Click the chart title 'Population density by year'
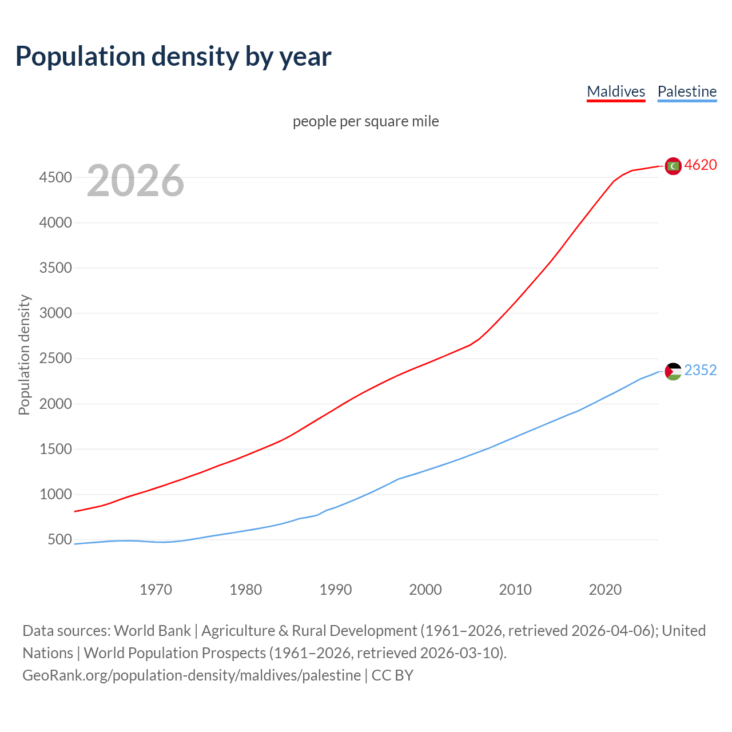pyautogui.click(x=173, y=57)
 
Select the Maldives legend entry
pyautogui.click(x=616, y=91)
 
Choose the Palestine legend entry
pyautogui.click(x=687, y=91)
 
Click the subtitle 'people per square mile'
pyautogui.click(x=365, y=121)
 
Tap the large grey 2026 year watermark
pyautogui.click(x=136, y=181)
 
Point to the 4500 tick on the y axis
pyautogui.click(x=55, y=177)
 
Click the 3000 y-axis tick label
pyautogui.click(x=55, y=313)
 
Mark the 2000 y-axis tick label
pyautogui.click(x=55, y=404)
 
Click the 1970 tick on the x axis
pyautogui.click(x=156, y=590)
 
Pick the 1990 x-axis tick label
pyautogui.click(x=336, y=590)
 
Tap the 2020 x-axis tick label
pyautogui.click(x=605, y=590)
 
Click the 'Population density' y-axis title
pyautogui.click(x=24, y=355)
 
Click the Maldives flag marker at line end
pyautogui.click(x=673, y=166)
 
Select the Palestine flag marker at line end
pyautogui.click(x=673, y=371)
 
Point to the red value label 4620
pyautogui.click(x=700, y=165)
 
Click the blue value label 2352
pyautogui.click(x=700, y=371)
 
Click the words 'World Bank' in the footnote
pyautogui.click(x=152, y=631)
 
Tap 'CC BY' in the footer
pyautogui.click(x=392, y=675)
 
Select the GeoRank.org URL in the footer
pyautogui.click(x=192, y=675)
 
